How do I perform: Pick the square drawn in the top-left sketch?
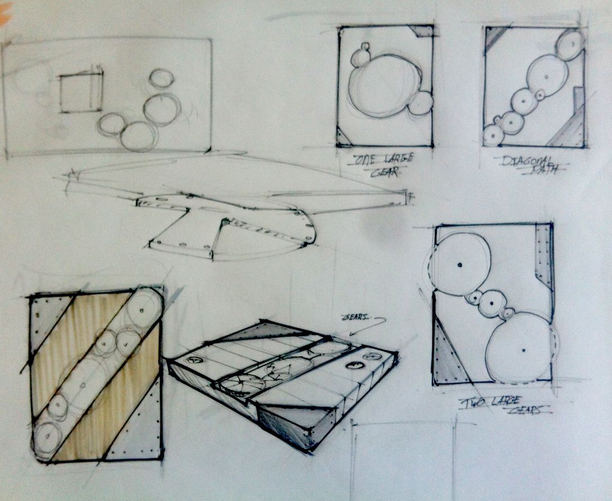[81, 92]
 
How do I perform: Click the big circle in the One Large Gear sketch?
[385, 86]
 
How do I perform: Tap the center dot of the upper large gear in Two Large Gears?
[460, 265]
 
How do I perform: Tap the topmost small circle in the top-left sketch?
[162, 78]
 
